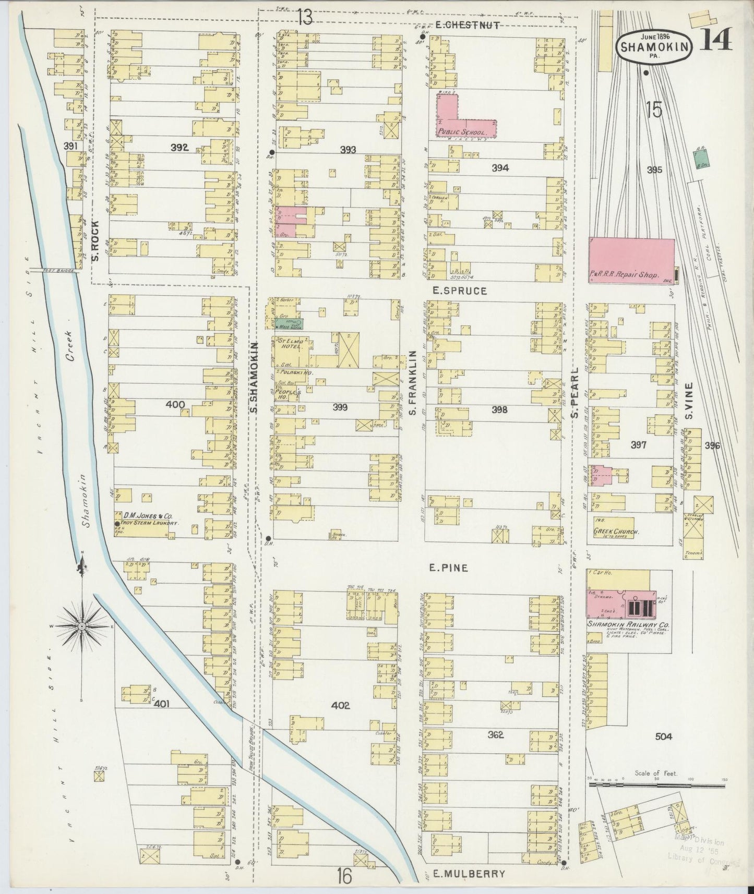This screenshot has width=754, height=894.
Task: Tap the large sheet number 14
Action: coord(715,39)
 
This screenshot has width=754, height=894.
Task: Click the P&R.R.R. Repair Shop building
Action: coord(631,261)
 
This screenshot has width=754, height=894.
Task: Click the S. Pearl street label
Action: coord(575,392)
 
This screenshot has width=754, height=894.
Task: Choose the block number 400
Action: coord(175,404)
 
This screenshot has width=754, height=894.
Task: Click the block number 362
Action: coord(495,735)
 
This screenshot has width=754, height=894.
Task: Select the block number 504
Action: coord(664,737)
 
